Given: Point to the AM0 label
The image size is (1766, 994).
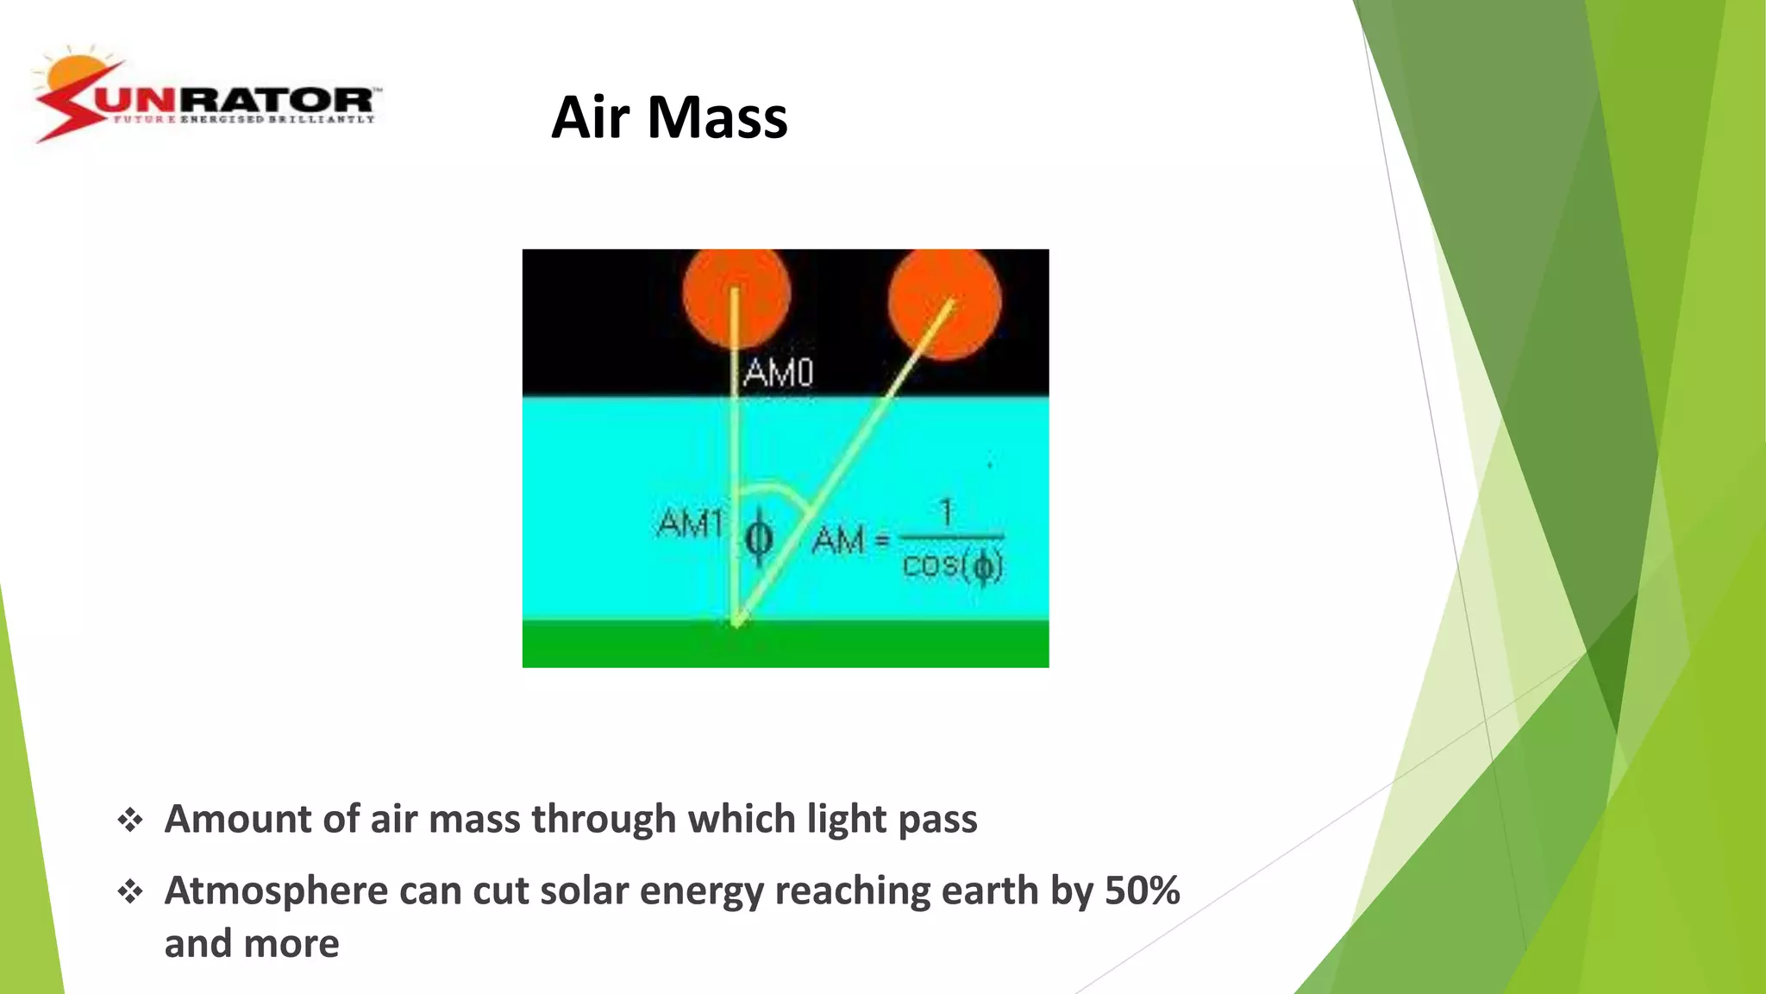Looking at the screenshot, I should coord(778,373).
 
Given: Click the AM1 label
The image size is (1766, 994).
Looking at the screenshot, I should coord(690,523).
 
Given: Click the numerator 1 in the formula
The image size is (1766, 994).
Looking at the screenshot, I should coord(947,512).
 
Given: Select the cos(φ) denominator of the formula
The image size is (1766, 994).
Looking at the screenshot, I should coord(952,566).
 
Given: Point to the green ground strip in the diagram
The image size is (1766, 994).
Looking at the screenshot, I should coord(905,643).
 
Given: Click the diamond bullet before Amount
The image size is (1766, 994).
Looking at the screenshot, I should coord(130,820).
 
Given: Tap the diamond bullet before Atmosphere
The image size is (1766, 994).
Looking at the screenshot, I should coord(130,891).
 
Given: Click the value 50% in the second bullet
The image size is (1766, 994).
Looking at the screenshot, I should coord(1142,890).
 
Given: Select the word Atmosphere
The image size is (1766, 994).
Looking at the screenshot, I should coord(276,890).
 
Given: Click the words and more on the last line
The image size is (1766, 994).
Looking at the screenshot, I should coord(252,944).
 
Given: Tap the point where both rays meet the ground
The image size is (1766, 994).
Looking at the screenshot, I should coord(737,621).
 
